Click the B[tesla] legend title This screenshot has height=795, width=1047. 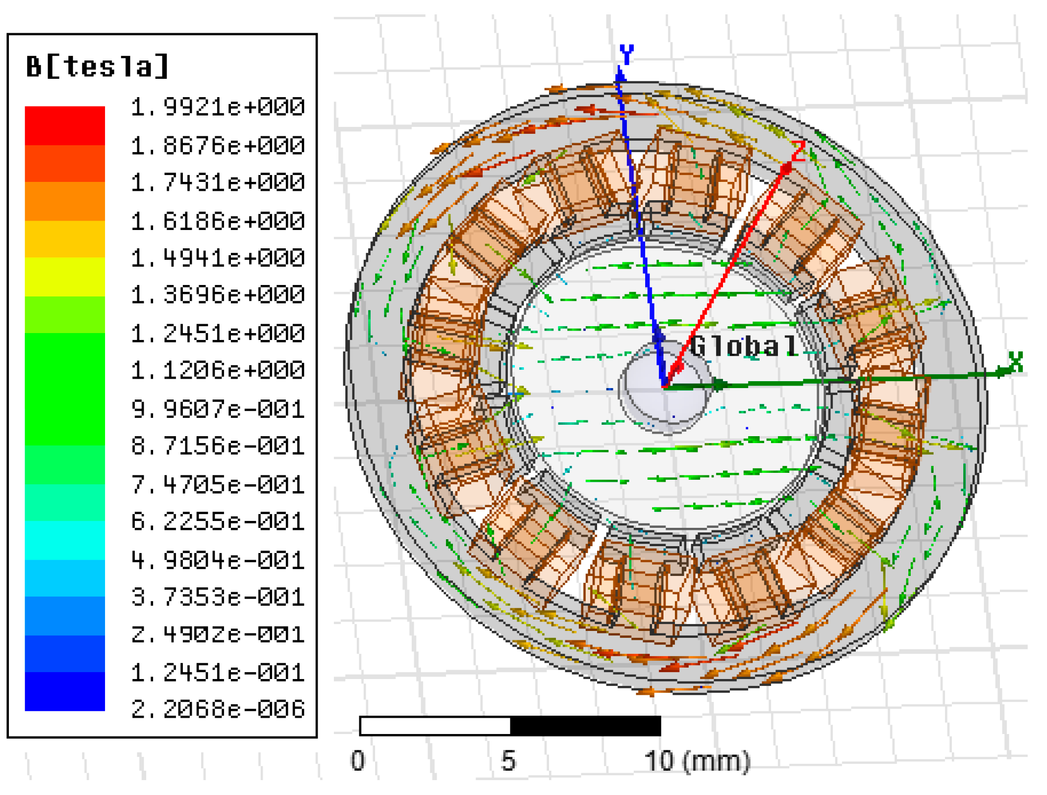(x=97, y=66)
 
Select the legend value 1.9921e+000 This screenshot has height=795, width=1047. (x=218, y=107)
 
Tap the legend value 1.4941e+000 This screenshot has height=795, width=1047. (x=218, y=258)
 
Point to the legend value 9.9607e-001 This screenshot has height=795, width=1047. (x=218, y=409)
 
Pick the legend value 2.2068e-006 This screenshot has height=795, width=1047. (x=218, y=709)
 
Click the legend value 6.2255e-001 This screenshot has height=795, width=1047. (x=218, y=521)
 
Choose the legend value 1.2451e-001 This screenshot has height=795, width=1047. (x=218, y=673)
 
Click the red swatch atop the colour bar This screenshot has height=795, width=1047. (x=65, y=125)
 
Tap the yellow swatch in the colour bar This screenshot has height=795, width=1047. (x=65, y=277)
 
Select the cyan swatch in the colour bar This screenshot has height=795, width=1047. (x=65, y=540)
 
